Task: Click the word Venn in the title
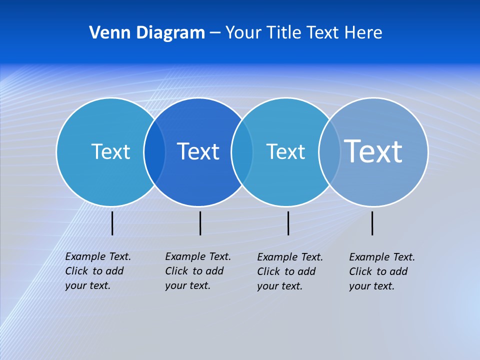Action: click(106, 32)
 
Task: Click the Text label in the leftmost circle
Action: click(110, 151)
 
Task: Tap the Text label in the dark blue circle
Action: click(198, 151)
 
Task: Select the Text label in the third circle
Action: click(285, 151)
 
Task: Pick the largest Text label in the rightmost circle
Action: click(373, 151)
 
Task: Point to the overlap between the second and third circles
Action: click(242, 151)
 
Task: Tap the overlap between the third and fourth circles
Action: click(329, 151)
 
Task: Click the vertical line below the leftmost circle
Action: click(112, 223)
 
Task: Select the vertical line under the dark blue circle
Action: click(200, 223)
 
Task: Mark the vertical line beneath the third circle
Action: click(288, 223)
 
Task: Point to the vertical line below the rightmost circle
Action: click(372, 223)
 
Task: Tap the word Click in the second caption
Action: click(176, 271)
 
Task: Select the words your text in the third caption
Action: click(280, 286)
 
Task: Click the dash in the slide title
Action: click(215, 33)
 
